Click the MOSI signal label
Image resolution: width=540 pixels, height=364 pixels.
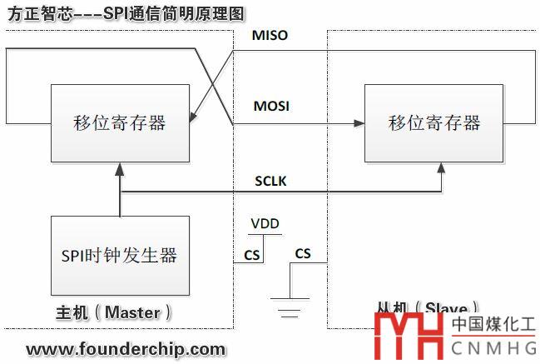tap(270, 107)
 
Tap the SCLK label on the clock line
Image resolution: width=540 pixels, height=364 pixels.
tap(272, 181)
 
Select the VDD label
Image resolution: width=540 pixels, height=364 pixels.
tap(265, 225)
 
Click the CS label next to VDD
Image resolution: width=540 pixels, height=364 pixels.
tap(251, 253)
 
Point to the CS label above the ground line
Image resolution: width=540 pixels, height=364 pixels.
tap(303, 253)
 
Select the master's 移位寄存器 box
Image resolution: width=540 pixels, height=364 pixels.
tap(120, 123)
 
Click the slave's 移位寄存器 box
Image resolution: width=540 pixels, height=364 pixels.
tap(434, 123)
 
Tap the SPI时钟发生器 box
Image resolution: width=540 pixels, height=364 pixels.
tap(120, 254)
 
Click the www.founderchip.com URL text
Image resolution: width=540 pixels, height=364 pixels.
tap(126, 348)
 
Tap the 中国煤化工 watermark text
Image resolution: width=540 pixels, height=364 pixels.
tap(494, 326)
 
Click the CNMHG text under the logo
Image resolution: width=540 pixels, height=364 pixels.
tap(494, 348)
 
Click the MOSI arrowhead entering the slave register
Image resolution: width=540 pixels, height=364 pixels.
tap(359, 123)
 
